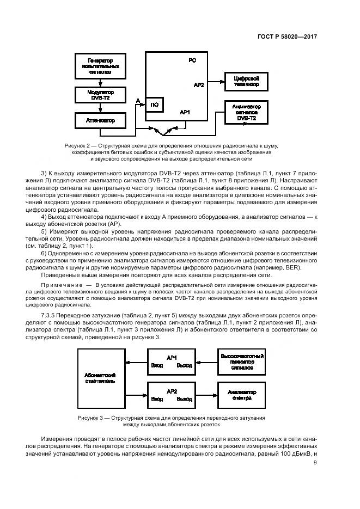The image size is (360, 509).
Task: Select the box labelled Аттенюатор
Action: [x=100, y=120]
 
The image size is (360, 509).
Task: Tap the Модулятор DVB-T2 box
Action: [x=100, y=94]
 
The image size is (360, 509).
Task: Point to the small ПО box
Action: [x=154, y=105]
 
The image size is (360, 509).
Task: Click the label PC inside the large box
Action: [x=192, y=60]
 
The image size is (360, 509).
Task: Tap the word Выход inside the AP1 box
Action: [x=184, y=366]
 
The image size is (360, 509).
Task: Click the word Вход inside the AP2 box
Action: [x=157, y=398]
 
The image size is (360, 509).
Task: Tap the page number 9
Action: [x=315, y=463]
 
